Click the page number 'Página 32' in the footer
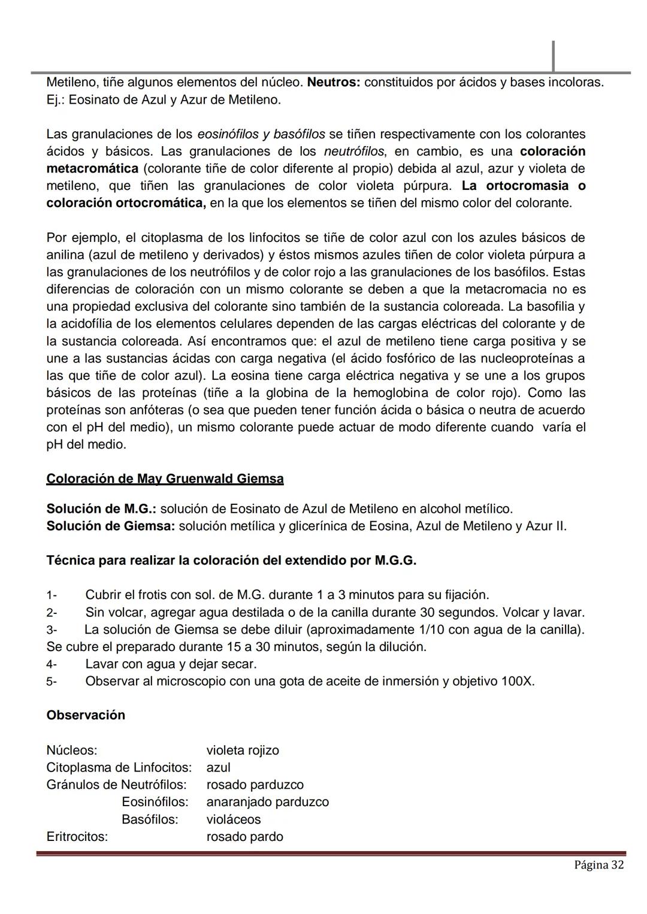pos(598,865)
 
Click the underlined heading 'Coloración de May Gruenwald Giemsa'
pos(165,479)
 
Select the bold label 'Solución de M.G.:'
pos(101,509)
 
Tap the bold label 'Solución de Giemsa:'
pos(110,526)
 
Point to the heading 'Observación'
pos(86,715)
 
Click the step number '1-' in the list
pos(52,595)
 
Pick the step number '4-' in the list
pos(52,665)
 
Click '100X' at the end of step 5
pos(518,682)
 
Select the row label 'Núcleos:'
pos(72,750)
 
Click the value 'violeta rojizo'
pos(243,750)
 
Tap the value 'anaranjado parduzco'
pos(267,802)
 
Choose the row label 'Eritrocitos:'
pos(77,837)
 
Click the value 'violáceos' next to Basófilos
pos(234,819)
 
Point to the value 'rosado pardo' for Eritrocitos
pos(244,837)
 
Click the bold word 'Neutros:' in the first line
pos(333,82)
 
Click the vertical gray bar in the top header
pos(553,56)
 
